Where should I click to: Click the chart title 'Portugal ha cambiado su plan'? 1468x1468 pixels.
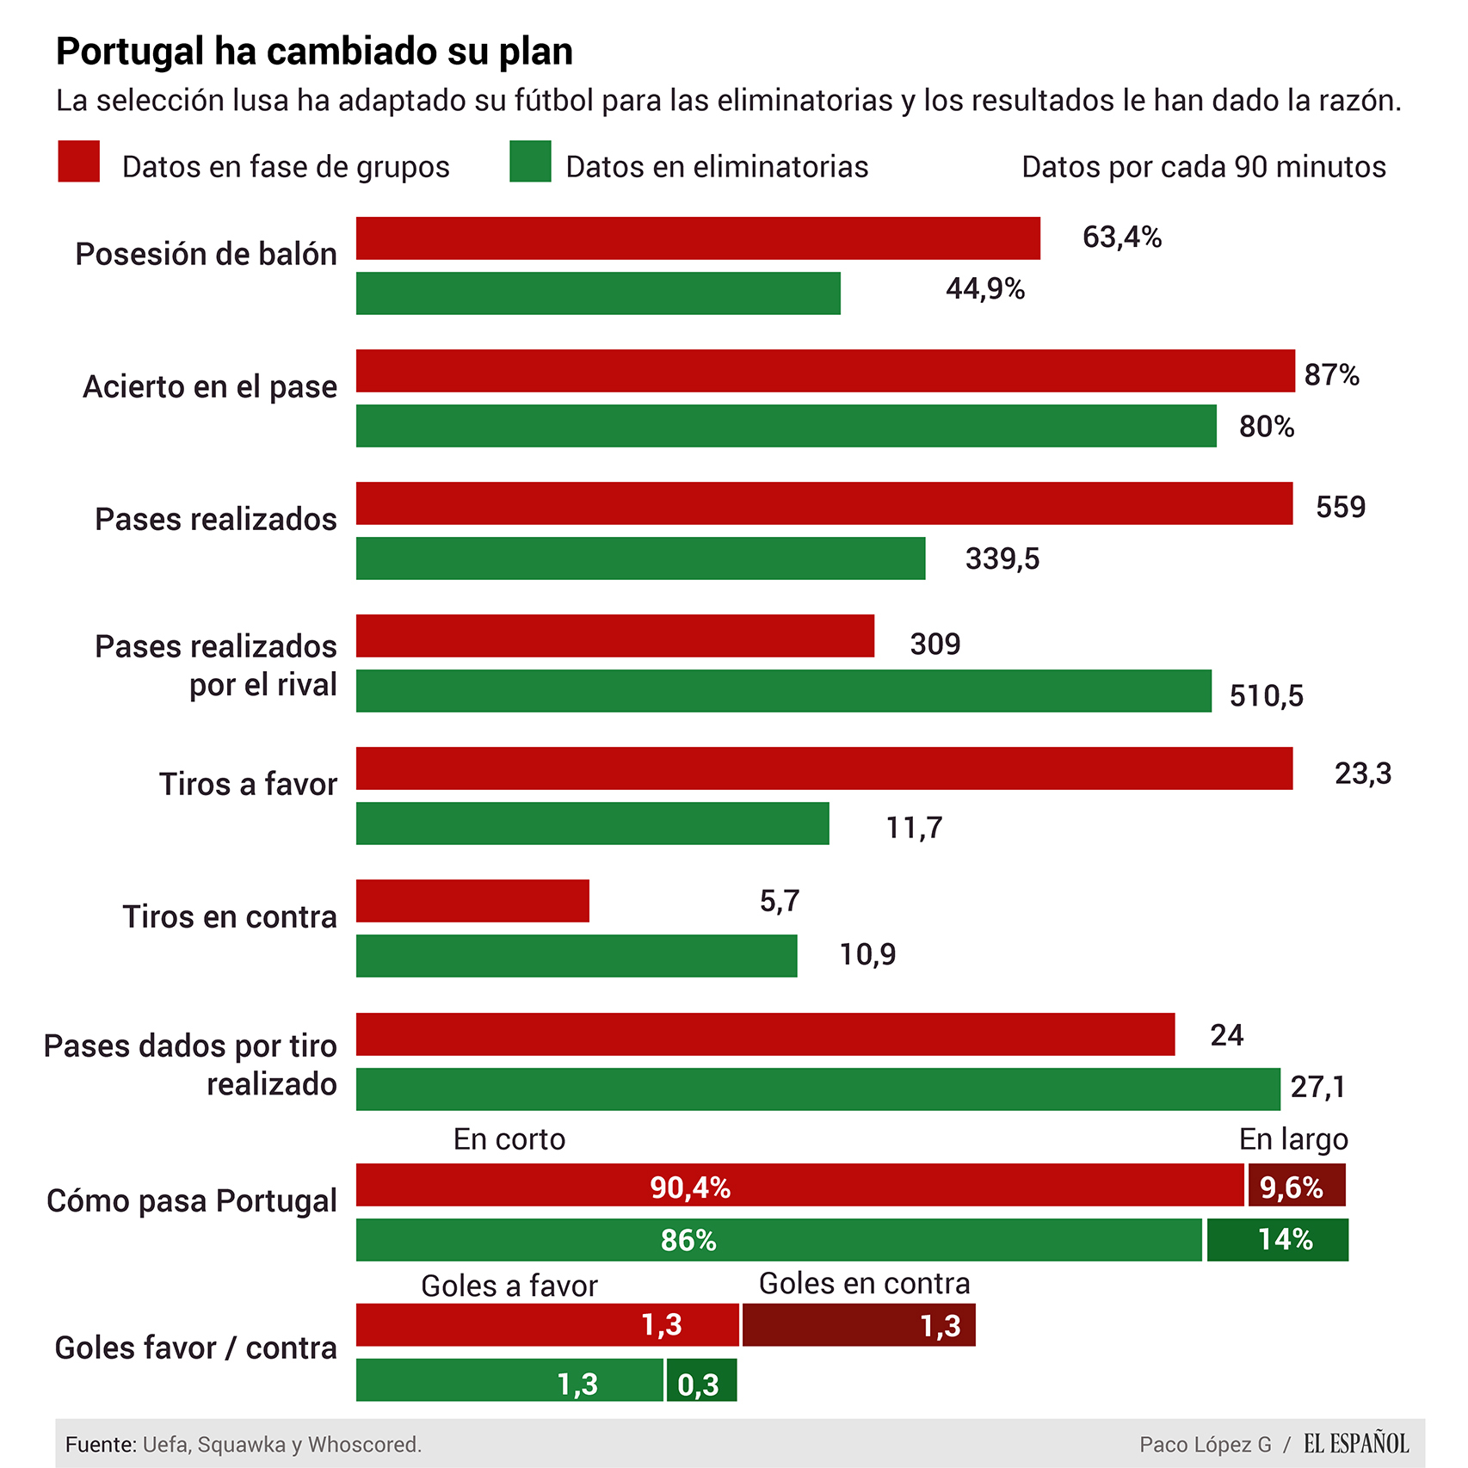pyautogui.click(x=314, y=52)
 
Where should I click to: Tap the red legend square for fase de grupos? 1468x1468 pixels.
pyautogui.click(x=79, y=161)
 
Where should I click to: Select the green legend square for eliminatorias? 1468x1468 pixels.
pyautogui.click(x=530, y=161)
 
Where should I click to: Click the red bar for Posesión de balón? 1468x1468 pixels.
pyautogui.click(x=698, y=238)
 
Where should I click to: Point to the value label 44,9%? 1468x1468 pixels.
pyautogui.click(x=985, y=289)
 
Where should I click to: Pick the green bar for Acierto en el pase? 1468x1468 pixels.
pyautogui.click(x=786, y=426)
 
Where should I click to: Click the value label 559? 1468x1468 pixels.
pyautogui.click(x=1341, y=507)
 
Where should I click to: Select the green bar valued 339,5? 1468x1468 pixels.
pyautogui.click(x=640, y=558)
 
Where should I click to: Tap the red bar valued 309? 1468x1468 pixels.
pyautogui.click(x=615, y=636)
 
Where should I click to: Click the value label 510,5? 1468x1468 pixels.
pyautogui.click(x=1266, y=695)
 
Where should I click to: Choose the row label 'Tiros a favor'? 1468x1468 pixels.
pyautogui.click(x=248, y=784)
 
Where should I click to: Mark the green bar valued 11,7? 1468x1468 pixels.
pyautogui.click(x=592, y=823)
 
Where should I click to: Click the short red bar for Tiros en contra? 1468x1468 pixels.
pyautogui.click(x=472, y=901)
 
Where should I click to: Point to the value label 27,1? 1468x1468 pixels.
pyautogui.click(x=1317, y=1088)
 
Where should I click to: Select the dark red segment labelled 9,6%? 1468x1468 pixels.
pyautogui.click(x=1297, y=1186)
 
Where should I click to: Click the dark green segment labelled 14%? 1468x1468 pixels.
pyautogui.click(x=1278, y=1240)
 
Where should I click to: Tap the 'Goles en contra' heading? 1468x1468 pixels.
pyautogui.click(x=864, y=1284)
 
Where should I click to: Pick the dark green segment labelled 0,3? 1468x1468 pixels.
pyautogui.click(x=701, y=1380)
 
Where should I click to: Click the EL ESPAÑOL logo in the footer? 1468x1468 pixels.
pyautogui.click(x=1356, y=1444)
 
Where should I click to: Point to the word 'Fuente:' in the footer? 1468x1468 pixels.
pyautogui.click(x=101, y=1445)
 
